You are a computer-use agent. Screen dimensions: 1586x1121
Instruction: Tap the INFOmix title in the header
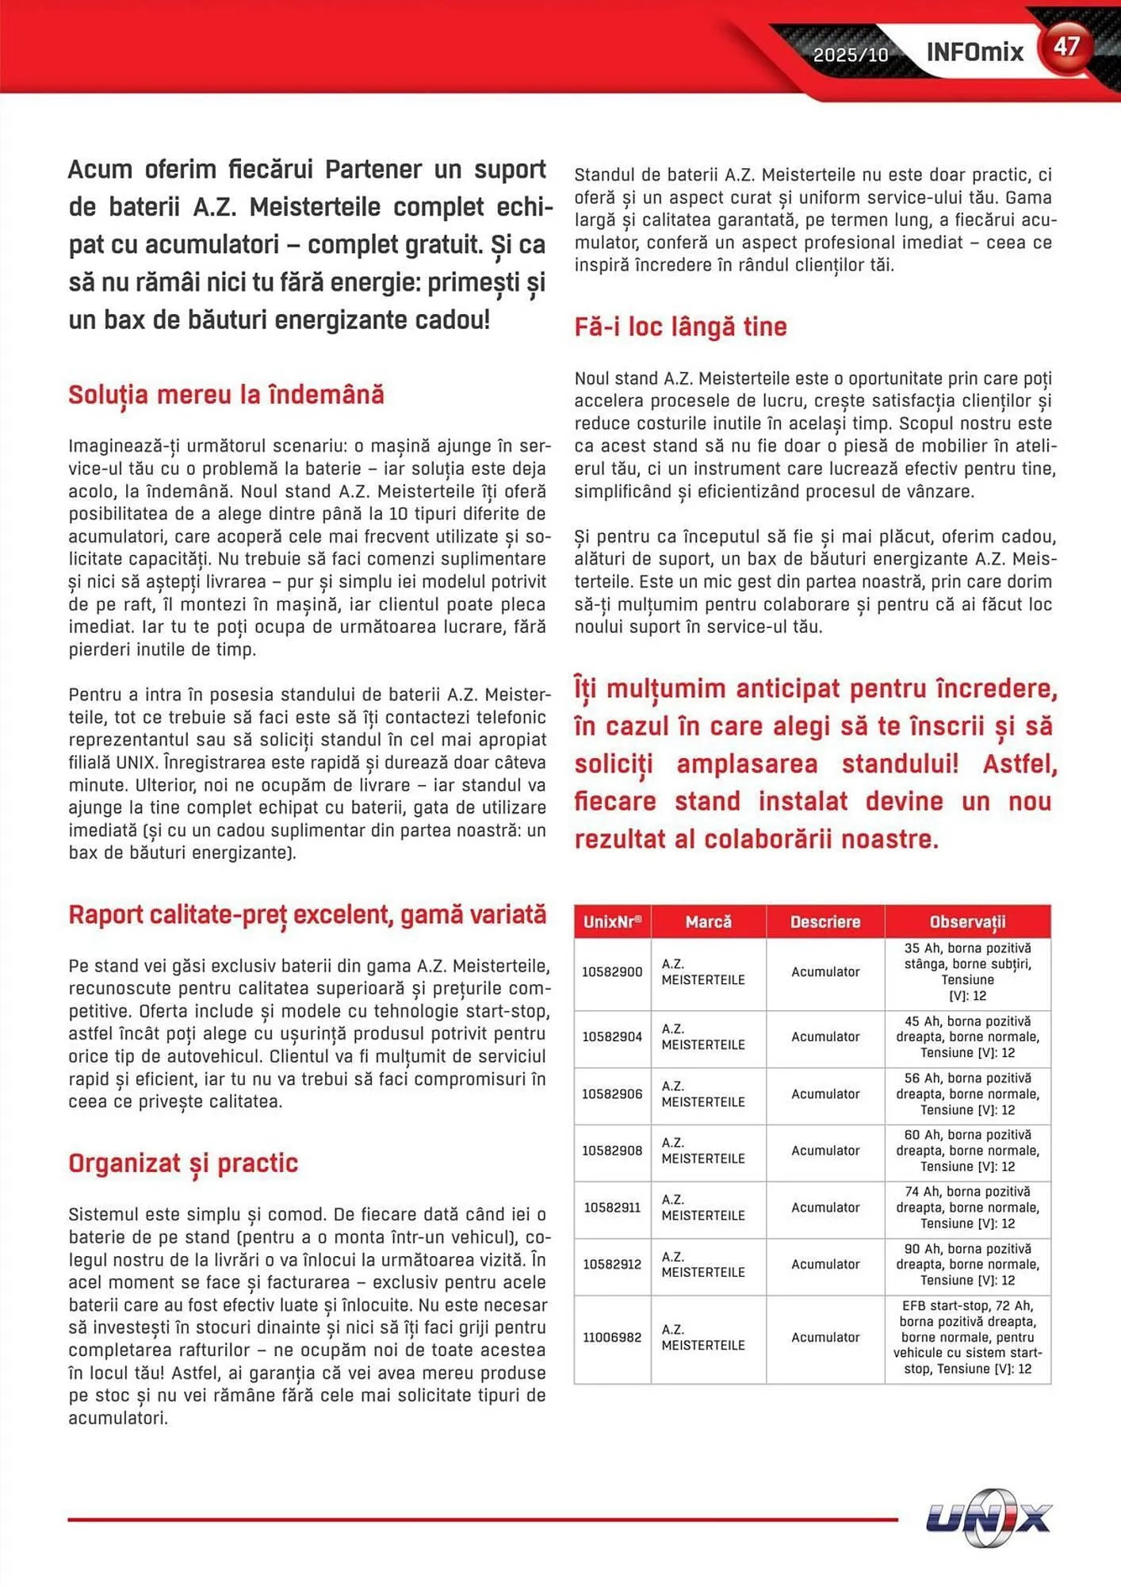(974, 52)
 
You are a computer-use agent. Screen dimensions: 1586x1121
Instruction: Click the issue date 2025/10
(850, 55)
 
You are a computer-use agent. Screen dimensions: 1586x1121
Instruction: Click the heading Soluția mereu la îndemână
(226, 395)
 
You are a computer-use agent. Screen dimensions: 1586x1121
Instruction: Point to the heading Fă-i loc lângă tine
(680, 327)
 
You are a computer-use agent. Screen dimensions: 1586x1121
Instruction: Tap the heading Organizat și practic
(183, 1163)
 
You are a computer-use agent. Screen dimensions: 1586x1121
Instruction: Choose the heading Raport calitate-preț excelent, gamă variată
(307, 914)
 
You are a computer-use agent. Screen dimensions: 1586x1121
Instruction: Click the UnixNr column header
(612, 921)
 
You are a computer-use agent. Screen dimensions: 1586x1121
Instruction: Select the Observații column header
(967, 921)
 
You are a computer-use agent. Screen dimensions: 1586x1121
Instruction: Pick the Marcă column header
(708, 921)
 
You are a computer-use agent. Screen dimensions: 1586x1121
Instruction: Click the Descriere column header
(824, 921)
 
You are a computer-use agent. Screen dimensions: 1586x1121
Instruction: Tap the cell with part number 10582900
(612, 972)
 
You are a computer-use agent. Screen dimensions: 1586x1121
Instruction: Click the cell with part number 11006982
(612, 1337)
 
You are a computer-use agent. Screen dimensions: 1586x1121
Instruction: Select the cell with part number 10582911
(612, 1208)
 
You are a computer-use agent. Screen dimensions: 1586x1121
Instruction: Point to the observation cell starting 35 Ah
(967, 971)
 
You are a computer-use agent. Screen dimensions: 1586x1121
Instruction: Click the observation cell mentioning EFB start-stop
(967, 1337)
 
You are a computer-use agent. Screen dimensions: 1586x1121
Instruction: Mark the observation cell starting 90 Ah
(967, 1264)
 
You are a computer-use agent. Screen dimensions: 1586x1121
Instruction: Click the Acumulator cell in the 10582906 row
(824, 1094)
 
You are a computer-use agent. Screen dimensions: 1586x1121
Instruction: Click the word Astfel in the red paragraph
(1020, 764)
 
